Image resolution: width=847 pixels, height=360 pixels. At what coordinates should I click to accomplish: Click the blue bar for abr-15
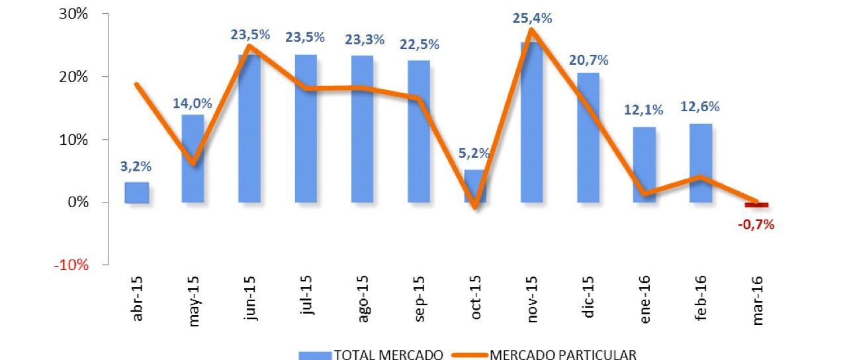(x=136, y=192)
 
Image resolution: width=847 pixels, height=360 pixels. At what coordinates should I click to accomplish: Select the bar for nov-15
(x=533, y=122)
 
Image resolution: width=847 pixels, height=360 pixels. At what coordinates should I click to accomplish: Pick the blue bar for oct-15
(x=474, y=186)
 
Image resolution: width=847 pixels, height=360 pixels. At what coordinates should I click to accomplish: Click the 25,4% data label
(x=533, y=19)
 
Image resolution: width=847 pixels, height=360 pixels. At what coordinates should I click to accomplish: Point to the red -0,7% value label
(x=756, y=224)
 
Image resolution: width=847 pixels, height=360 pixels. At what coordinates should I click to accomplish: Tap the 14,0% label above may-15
(x=193, y=103)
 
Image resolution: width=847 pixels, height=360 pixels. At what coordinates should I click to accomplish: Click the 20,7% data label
(x=588, y=60)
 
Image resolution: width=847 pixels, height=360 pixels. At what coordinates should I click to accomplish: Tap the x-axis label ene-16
(x=646, y=304)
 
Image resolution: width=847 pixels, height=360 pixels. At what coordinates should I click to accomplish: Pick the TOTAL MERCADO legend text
(x=388, y=355)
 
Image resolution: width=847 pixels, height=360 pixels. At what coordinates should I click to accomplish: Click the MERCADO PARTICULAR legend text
(x=563, y=355)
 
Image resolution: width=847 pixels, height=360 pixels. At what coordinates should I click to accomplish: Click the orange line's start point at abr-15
(x=136, y=84)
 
